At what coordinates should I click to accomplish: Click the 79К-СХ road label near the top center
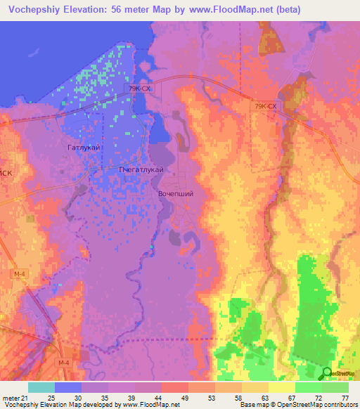pyautogui.click(x=140, y=89)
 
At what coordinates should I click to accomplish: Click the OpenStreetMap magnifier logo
pyautogui.click(x=326, y=373)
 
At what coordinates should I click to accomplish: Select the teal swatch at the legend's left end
pyautogui.click(x=41, y=387)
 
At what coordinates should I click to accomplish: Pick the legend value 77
pyautogui.click(x=345, y=397)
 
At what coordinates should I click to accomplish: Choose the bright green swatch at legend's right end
pyautogui.click(x=335, y=387)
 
